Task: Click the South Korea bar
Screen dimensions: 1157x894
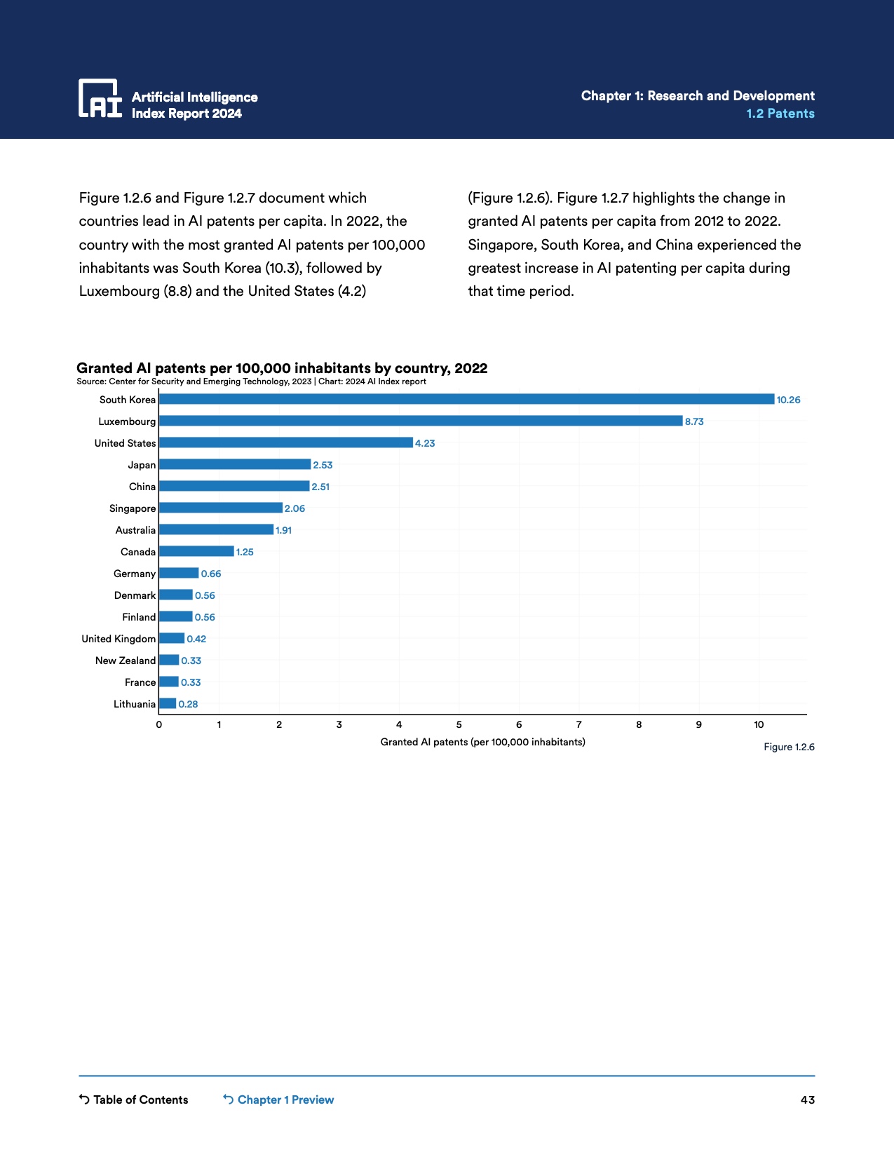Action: pyautogui.click(x=466, y=400)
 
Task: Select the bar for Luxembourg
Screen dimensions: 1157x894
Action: pyautogui.click(x=421, y=421)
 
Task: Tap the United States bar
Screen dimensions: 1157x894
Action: pyautogui.click(x=285, y=443)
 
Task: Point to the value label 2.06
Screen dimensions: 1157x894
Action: pyautogui.click(x=294, y=508)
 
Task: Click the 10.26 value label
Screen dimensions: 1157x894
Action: pyautogui.click(x=788, y=400)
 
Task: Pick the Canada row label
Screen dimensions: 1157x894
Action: pyautogui.click(x=137, y=552)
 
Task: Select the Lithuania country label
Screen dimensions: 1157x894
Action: pyautogui.click(x=134, y=704)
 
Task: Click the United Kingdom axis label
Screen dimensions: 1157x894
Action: pyautogui.click(x=118, y=639)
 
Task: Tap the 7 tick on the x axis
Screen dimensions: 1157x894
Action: pyautogui.click(x=579, y=725)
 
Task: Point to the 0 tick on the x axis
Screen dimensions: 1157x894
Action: pyautogui.click(x=159, y=725)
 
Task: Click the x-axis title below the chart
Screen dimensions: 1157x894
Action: pyautogui.click(x=482, y=742)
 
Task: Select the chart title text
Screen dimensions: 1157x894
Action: pyautogui.click(x=282, y=368)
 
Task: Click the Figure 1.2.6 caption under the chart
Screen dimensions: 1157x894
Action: pyautogui.click(x=789, y=747)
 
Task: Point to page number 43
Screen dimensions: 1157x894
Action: pyautogui.click(x=808, y=1100)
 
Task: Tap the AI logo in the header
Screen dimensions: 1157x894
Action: pyautogui.click(x=100, y=98)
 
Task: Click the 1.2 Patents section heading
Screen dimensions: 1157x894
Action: pyautogui.click(x=780, y=114)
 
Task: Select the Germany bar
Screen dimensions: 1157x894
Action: pyautogui.click(x=179, y=574)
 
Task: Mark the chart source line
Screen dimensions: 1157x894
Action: pyautogui.click(x=251, y=381)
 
